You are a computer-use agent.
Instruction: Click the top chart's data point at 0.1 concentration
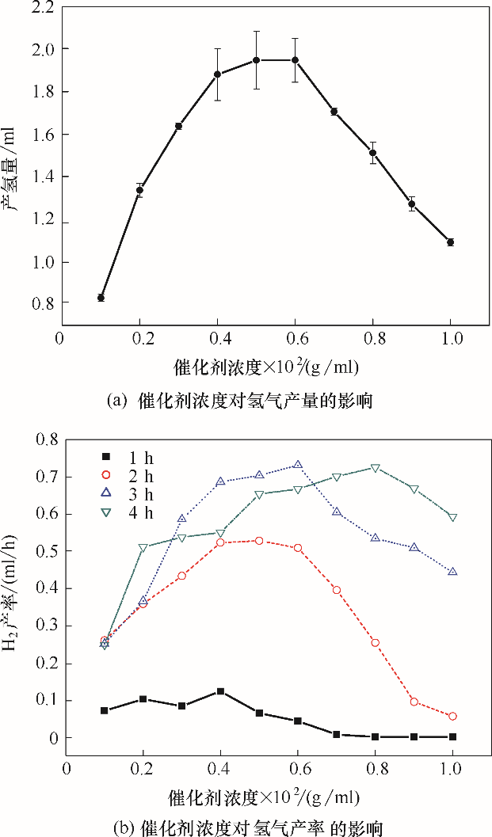coord(101,298)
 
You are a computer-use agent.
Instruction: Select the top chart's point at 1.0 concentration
coord(450,242)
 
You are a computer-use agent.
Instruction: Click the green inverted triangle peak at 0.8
coord(376,468)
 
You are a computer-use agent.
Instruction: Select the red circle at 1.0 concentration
coord(452,716)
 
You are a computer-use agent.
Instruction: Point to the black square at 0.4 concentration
coord(220,691)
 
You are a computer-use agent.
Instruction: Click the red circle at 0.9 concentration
coord(414,702)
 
